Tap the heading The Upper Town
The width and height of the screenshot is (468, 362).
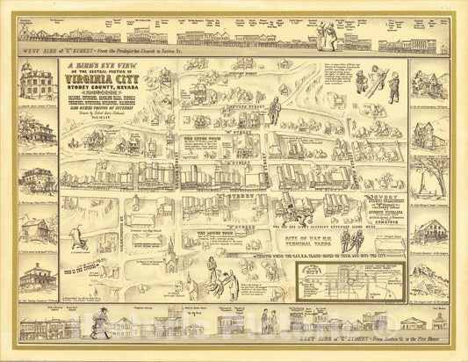(x=205, y=139)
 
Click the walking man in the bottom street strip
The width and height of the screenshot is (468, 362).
(x=105, y=324)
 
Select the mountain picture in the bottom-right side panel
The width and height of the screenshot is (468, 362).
(x=428, y=280)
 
